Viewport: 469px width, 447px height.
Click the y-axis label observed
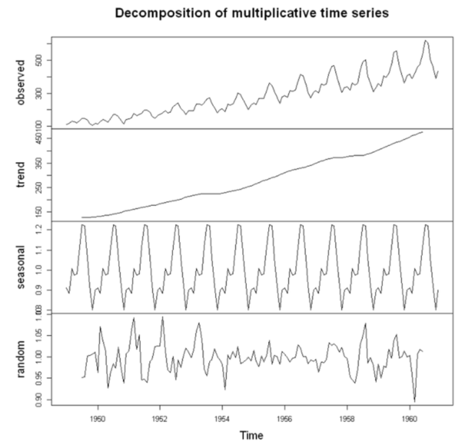click(x=22, y=82)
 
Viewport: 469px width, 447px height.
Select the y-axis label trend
click(x=22, y=174)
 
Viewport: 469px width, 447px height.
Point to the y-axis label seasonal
click(x=22, y=267)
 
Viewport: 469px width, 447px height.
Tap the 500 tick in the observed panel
click(x=44, y=60)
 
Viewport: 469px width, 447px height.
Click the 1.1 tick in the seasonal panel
click(x=44, y=250)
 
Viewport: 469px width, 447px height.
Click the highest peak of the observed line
click(x=426, y=40)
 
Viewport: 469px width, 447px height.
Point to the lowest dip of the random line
click(x=415, y=401)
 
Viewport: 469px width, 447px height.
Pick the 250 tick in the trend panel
click(x=44, y=187)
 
